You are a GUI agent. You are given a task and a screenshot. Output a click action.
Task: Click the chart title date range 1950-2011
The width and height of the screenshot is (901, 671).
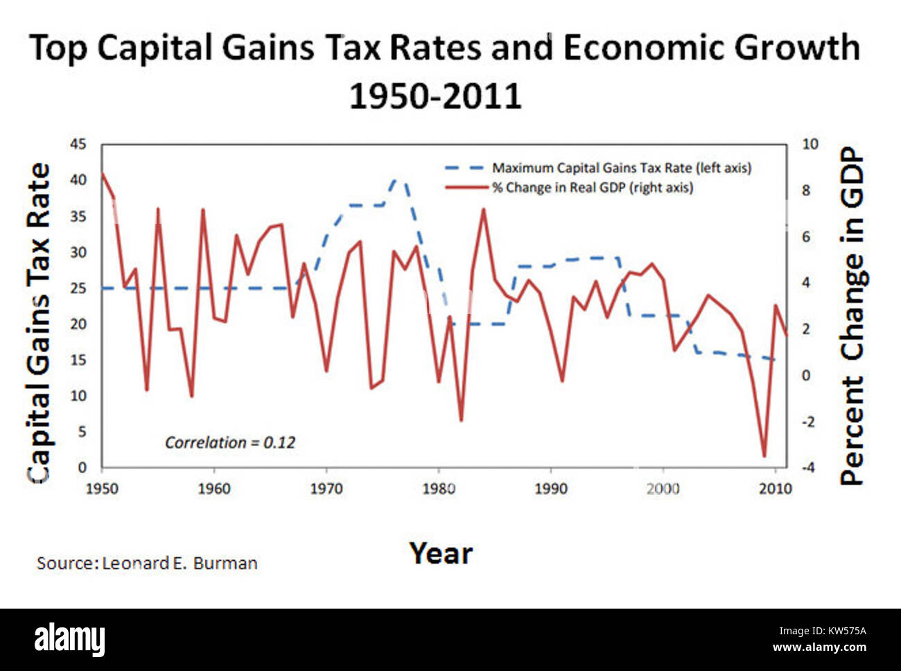[x=435, y=96]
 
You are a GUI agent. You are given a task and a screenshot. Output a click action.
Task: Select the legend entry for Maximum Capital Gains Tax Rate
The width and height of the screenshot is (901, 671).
[x=621, y=168]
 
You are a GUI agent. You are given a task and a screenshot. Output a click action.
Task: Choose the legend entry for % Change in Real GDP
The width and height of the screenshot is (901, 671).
[x=592, y=187]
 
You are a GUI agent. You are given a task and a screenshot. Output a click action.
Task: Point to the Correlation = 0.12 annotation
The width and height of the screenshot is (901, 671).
[x=229, y=442]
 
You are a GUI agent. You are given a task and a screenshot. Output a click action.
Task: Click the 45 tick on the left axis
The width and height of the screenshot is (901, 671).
[x=78, y=144]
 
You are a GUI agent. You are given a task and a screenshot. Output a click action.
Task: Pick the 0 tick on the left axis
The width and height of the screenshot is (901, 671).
[x=82, y=467]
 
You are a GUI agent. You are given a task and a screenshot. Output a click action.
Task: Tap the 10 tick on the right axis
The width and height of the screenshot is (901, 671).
[x=810, y=144]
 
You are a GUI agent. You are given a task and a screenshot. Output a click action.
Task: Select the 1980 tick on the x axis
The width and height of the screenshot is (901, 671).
[x=438, y=489]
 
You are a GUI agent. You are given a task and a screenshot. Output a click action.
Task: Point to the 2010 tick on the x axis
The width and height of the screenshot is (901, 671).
[x=775, y=489]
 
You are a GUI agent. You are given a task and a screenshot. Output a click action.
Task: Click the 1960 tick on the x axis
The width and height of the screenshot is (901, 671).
[x=214, y=489]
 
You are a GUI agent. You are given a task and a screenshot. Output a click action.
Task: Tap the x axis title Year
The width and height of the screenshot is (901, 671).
[x=441, y=553]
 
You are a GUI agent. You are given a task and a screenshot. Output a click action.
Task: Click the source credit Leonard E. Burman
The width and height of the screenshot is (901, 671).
[x=147, y=563]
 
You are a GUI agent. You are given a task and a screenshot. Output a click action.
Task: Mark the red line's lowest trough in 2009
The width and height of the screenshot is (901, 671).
[x=764, y=455]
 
